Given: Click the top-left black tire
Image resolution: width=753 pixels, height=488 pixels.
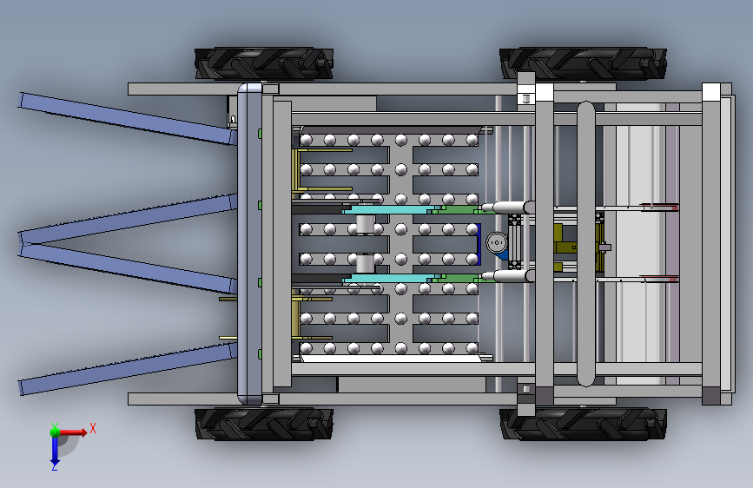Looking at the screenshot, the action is point(264,63).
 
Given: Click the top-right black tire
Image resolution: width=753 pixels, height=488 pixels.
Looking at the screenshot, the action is point(583,63).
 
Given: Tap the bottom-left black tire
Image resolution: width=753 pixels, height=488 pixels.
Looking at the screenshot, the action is point(264,424).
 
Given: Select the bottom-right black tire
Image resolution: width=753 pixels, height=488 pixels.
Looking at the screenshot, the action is point(583,424).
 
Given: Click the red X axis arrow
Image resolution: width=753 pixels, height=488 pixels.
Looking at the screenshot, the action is point(72,432).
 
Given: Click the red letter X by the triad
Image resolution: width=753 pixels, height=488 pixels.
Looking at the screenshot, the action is point(93,428).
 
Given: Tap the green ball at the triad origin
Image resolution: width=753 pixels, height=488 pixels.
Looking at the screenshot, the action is point(55,432).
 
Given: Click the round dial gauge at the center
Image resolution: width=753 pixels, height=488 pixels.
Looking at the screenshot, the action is point(497,242).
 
